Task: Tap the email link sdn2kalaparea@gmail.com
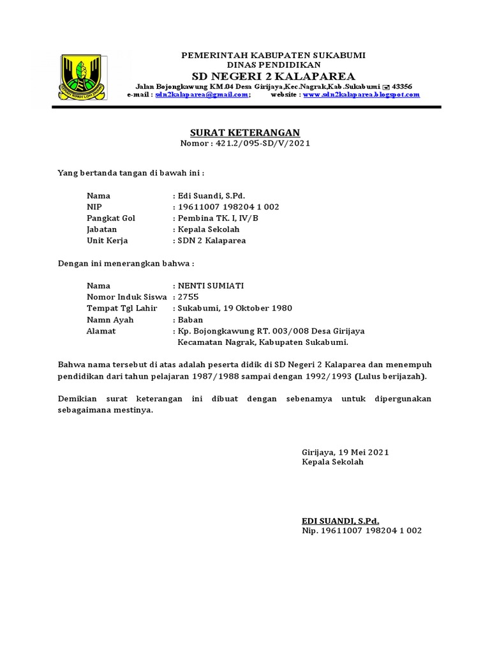pyautogui.click(x=202, y=95)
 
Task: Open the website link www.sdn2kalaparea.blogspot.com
pyautogui.click(x=362, y=95)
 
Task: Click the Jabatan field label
pyautogui.click(x=103, y=230)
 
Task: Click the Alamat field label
pyautogui.click(x=101, y=331)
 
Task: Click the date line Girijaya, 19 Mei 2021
pyautogui.click(x=345, y=452)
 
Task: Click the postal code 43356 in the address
pyautogui.click(x=402, y=86)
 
